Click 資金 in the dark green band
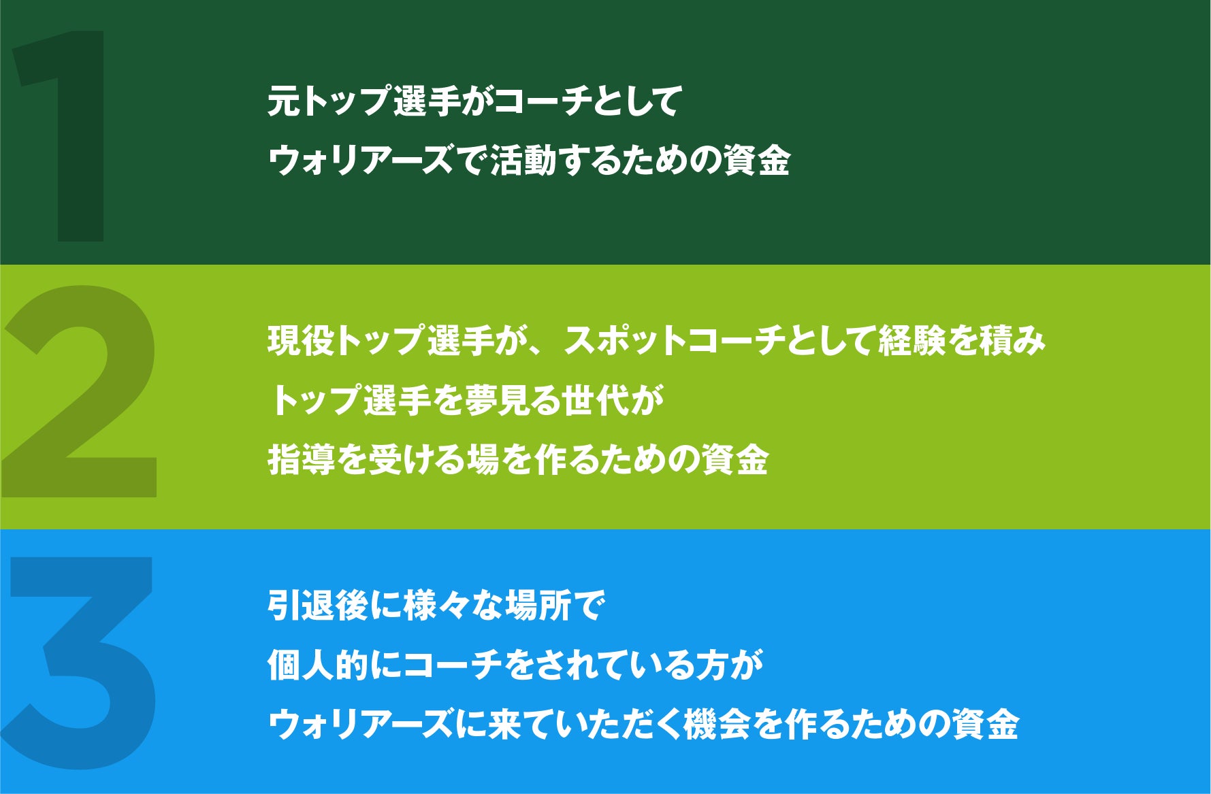coord(756,161)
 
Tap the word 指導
coord(301,459)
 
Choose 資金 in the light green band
coord(735,459)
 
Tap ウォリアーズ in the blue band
coord(361,724)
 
